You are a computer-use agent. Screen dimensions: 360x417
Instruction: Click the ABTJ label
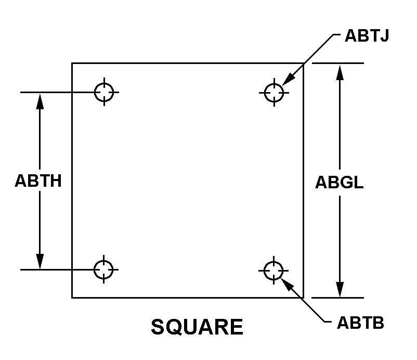click(x=367, y=36)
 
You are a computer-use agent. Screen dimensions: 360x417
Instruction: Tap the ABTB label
click(x=360, y=323)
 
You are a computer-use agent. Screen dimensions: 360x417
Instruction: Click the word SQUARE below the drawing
click(x=197, y=327)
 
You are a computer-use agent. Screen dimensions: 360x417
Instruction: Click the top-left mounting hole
click(x=105, y=92)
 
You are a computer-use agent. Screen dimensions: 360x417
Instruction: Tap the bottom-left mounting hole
click(x=104, y=269)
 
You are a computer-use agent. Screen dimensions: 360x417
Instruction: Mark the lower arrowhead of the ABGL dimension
click(x=340, y=289)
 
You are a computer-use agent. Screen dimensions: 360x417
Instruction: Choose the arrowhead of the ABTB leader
click(x=287, y=284)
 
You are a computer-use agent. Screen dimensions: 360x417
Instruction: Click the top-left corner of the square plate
click(x=72, y=63)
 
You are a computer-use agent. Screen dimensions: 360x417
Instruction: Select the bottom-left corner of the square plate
click(x=72, y=298)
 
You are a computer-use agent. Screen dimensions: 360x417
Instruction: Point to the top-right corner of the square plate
click(x=303, y=63)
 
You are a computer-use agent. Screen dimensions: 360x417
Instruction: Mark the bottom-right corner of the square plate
click(x=303, y=298)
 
